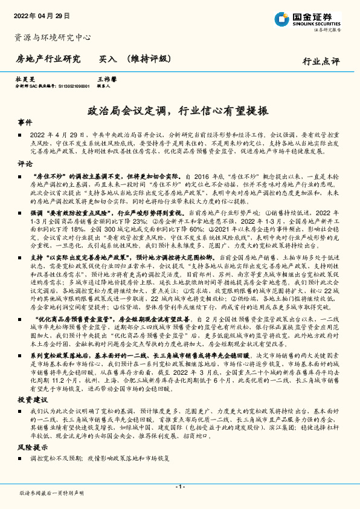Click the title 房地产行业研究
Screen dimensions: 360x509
click(48, 59)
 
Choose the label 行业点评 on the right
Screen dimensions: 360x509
click(321, 62)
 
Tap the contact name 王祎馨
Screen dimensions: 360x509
click(106, 79)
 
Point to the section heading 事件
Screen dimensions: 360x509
click(25, 122)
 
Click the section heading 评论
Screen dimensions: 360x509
click(25, 163)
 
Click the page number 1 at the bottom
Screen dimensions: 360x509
click(179, 487)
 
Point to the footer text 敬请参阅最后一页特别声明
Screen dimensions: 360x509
click(51, 493)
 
